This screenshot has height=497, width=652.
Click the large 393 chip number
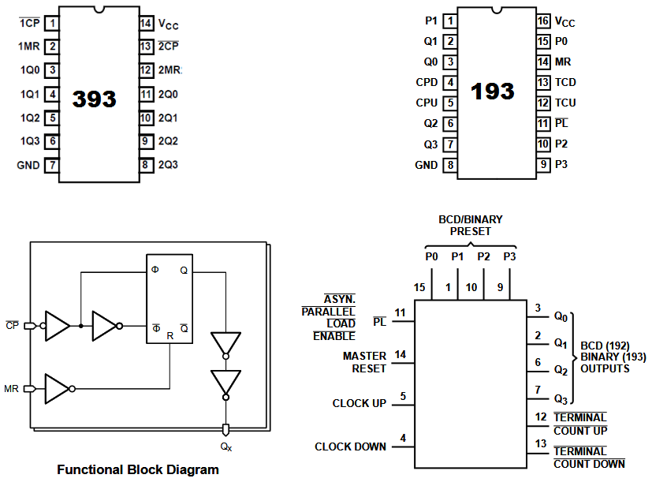point(94,99)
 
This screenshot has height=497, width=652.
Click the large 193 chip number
point(492,92)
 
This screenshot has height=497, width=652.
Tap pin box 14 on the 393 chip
point(146,23)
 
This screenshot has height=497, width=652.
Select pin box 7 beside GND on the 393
point(51,166)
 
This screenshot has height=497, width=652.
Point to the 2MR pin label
point(169,70)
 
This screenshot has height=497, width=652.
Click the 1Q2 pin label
point(29,118)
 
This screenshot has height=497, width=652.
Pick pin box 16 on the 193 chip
point(543,21)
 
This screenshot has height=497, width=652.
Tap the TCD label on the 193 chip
point(565,82)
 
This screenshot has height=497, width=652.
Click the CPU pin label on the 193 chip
point(427,103)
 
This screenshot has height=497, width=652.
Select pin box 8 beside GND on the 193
point(449,165)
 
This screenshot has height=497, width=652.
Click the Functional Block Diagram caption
point(138,470)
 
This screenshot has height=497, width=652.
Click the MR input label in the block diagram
point(12,389)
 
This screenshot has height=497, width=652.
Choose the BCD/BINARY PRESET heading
point(470,226)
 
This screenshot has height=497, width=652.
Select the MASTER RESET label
point(364,362)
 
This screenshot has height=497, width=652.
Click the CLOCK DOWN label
point(350,447)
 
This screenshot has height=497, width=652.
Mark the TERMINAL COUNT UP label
point(579,424)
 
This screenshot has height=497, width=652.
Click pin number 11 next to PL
point(401,313)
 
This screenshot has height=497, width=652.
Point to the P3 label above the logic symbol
point(509,256)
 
